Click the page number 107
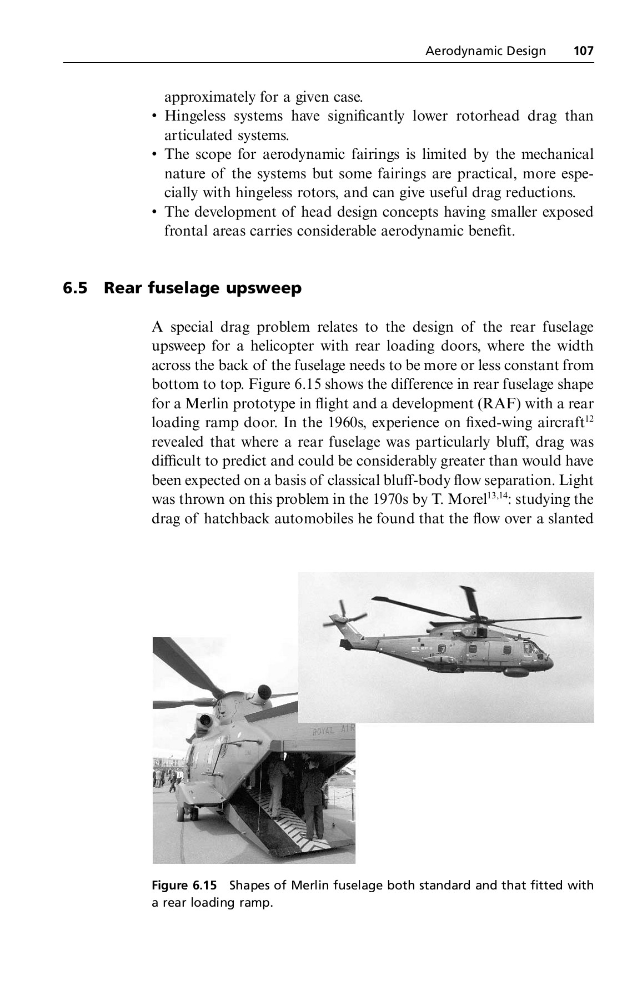tap(584, 52)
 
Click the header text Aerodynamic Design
tap(485, 52)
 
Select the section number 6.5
tap(76, 288)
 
